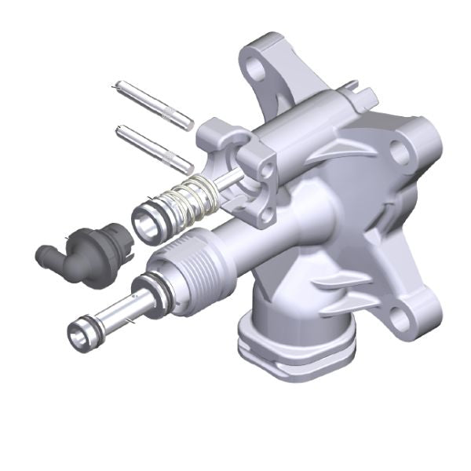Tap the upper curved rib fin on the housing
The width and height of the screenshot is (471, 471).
[334, 147]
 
